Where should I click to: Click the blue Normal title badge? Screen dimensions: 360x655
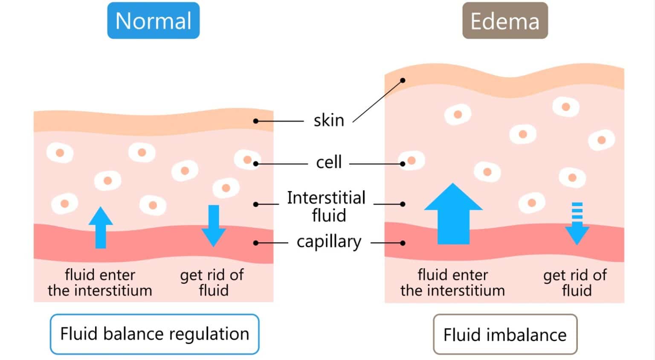tap(153, 20)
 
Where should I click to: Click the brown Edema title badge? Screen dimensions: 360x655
tap(505, 20)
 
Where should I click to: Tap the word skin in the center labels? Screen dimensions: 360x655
tap(328, 121)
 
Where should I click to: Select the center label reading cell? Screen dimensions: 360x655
tap(328, 163)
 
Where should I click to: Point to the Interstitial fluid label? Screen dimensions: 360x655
tap(327, 206)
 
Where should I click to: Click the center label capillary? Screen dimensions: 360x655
tap(329, 242)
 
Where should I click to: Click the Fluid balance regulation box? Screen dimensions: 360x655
tap(154, 334)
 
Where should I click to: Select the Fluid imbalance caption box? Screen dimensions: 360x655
tap(505, 335)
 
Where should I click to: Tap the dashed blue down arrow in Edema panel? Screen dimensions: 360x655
tap(577, 224)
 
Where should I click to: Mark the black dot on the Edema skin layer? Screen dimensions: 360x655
tap(403, 80)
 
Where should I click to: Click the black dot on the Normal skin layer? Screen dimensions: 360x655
tap(256, 121)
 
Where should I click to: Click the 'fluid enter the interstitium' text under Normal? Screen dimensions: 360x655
tap(100, 282)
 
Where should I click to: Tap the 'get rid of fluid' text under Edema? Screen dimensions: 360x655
tap(575, 282)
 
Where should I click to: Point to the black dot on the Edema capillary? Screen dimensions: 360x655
tap(403, 243)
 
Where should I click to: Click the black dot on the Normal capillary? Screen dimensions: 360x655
tap(256, 243)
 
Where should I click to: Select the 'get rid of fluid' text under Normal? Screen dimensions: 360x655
tap(212, 282)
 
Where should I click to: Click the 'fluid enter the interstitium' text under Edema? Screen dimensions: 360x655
tap(452, 282)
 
